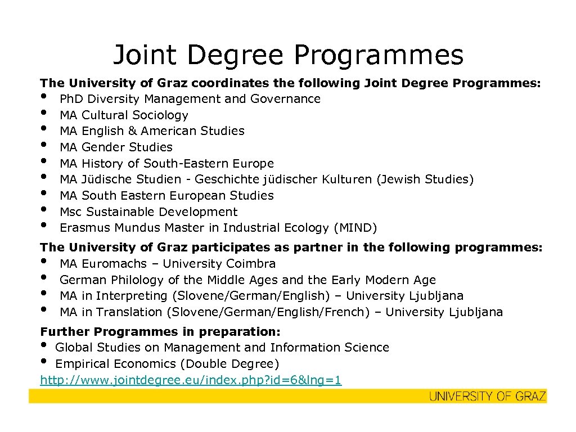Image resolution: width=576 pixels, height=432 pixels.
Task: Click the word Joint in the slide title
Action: point(145,55)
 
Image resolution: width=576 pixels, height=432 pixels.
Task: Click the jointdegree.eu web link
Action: point(191,380)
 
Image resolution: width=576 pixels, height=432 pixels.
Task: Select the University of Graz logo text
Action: point(487,396)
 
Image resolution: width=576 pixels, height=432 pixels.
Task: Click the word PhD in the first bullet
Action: point(71,99)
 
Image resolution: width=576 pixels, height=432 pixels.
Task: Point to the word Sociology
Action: point(160,115)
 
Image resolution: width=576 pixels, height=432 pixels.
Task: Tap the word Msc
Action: point(71,212)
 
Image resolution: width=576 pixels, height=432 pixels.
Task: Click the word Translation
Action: point(129,312)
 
